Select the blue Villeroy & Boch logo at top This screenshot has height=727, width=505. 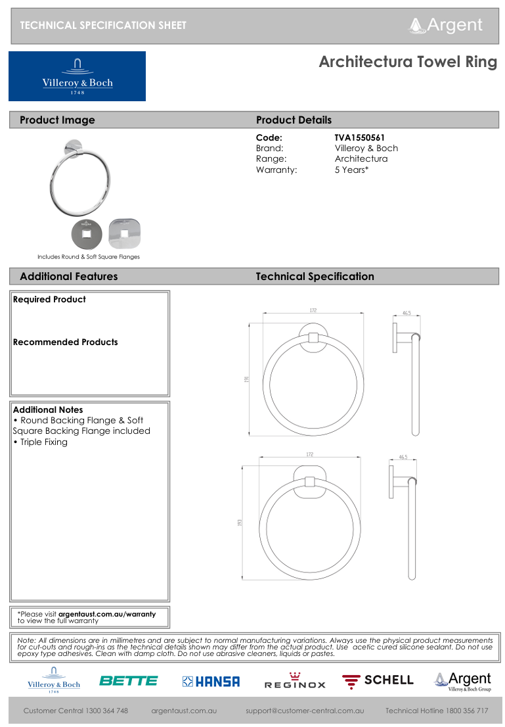coord(77,76)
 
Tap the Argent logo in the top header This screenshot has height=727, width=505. coord(446,25)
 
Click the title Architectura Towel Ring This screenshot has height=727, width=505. coord(408,62)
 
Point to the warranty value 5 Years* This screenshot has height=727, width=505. coord(351,170)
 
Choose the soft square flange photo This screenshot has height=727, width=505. coord(124,233)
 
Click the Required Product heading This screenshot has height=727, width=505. coord(49,299)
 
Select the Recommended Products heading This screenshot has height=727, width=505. coord(65,342)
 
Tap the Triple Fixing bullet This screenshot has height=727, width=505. coord(41,442)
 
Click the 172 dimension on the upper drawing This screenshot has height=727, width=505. coord(313,310)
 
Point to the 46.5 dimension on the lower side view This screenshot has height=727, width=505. coord(403,457)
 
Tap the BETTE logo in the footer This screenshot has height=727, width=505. coord(128,681)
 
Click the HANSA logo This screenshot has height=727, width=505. coord(211,682)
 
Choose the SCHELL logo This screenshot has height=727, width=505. coord(378,680)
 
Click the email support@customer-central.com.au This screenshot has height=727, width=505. coord(305,711)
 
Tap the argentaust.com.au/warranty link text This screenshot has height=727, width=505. coord(107,614)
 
